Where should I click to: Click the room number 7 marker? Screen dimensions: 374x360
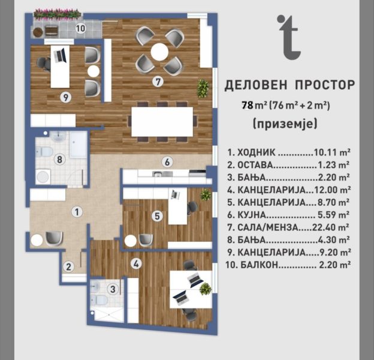tap(158, 82)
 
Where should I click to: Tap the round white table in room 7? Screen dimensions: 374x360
tap(159, 52)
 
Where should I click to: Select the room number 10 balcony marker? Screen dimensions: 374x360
tap(80, 28)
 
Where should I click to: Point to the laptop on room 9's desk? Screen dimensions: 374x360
tap(60, 55)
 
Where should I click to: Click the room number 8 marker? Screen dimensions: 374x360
tap(59, 159)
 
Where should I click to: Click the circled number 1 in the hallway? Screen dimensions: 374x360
tap(77, 212)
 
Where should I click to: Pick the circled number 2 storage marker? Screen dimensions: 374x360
tap(69, 266)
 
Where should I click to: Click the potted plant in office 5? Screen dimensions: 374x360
tap(206, 194)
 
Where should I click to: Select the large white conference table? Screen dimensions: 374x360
tap(162, 122)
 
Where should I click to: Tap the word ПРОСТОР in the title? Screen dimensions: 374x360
tap(325, 85)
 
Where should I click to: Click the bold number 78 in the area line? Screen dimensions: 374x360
tap(248, 105)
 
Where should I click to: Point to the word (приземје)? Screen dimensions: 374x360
tap(285, 124)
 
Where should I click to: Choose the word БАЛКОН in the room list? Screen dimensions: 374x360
tap(260, 265)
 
